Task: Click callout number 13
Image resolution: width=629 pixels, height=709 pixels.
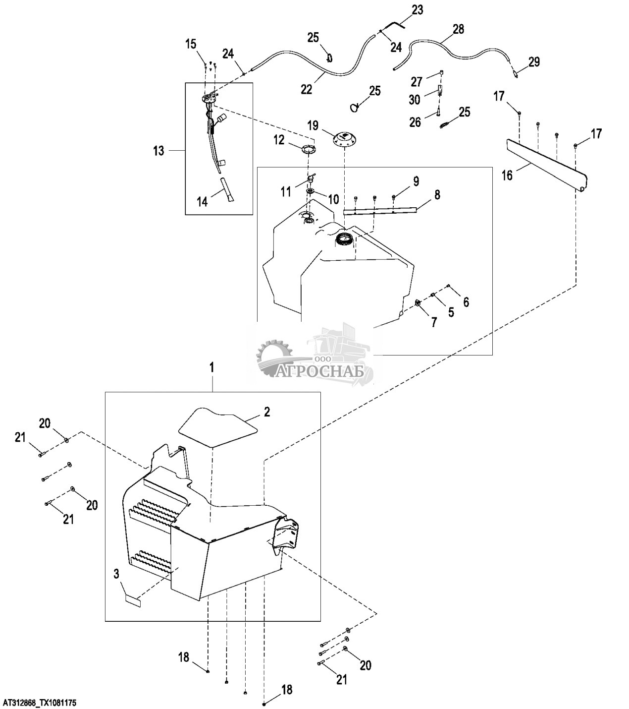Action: (158, 151)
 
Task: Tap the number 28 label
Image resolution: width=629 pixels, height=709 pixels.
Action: (458, 29)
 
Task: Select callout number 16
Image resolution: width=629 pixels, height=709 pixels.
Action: (507, 175)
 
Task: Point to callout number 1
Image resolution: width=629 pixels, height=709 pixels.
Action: (211, 368)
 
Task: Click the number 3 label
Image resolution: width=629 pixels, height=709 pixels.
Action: (116, 574)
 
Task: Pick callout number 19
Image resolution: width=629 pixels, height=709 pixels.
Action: (313, 125)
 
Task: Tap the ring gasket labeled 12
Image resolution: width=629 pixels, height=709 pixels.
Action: (308, 149)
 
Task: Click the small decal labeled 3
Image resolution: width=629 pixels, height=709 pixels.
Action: (133, 601)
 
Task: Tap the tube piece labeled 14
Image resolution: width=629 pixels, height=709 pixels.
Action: (226, 190)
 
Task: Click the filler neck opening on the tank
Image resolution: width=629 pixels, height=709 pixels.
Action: (345, 240)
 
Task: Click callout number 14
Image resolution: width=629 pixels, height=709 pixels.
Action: (202, 202)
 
